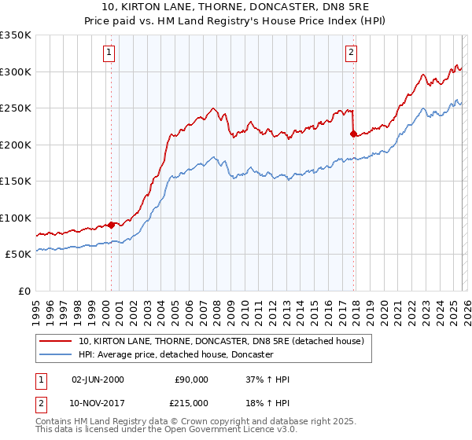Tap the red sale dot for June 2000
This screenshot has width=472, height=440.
pyautogui.click(x=111, y=225)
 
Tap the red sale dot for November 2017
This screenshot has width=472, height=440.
pyautogui.click(x=353, y=134)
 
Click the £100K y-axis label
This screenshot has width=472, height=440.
pyautogui.click(x=16, y=218)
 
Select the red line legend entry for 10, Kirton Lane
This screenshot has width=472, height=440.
pyautogui.click(x=221, y=342)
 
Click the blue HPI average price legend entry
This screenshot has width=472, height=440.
pyautogui.click(x=175, y=355)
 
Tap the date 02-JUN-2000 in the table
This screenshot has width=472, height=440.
pyautogui.click(x=98, y=379)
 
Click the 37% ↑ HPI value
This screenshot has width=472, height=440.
pyautogui.click(x=267, y=379)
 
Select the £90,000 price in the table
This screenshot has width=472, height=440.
pyautogui.click(x=190, y=379)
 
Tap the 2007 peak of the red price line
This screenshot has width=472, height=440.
pyautogui.click(x=212, y=108)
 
